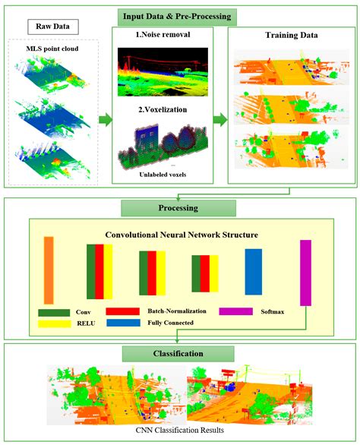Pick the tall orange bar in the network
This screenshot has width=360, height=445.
pos(49,270)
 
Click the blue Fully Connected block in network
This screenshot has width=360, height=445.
pos(253,271)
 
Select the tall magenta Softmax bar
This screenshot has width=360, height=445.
pos(305,272)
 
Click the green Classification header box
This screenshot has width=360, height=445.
pos(180,353)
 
